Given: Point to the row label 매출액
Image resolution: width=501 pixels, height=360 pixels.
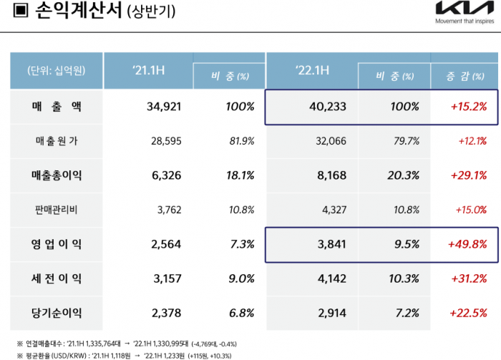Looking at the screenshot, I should pyautogui.click(x=57, y=107).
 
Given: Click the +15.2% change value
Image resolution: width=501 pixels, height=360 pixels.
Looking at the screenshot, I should pyautogui.click(x=469, y=107).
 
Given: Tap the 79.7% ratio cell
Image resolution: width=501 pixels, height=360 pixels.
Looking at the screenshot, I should pyautogui.click(x=405, y=141).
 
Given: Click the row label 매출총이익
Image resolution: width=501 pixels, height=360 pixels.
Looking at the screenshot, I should pyautogui.click(x=57, y=175).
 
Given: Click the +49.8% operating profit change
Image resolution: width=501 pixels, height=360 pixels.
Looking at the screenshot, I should pyautogui.click(x=469, y=244).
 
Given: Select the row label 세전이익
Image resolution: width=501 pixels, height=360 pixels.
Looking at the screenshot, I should pyautogui.click(x=57, y=278).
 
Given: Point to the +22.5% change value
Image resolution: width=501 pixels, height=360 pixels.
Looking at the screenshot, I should pyautogui.click(x=469, y=313).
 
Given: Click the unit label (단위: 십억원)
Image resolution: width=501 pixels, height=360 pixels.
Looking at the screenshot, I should pyautogui.click(x=57, y=70).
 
